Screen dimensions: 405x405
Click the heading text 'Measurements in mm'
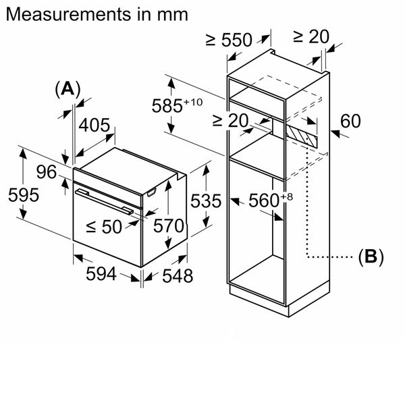pyautogui.click(x=95, y=14)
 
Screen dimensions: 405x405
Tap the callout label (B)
pyautogui.click(x=371, y=256)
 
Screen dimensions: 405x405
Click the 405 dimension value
pyautogui.click(x=94, y=126)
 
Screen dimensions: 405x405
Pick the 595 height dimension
pyautogui.click(x=24, y=194)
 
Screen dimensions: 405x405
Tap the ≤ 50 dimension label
pyautogui.click(x=104, y=227)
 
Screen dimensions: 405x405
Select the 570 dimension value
pyautogui.click(x=169, y=226)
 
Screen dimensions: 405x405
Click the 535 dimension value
pyautogui.click(x=206, y=201)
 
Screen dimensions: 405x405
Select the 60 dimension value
pyautogui.click(x=351, y=122)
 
